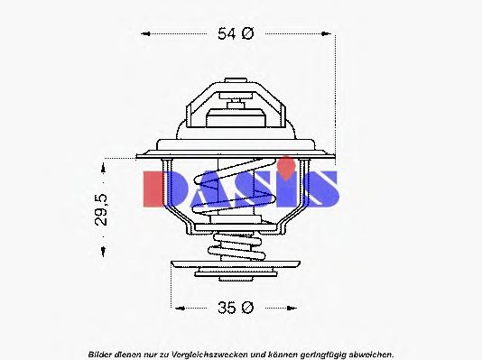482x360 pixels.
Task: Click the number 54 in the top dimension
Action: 227,34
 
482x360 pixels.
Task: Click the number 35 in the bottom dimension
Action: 227,308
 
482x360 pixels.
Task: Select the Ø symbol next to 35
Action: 249,308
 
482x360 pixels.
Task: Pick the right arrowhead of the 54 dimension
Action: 330,34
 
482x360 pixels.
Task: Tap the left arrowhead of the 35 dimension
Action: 175,308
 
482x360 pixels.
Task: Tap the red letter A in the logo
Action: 208,188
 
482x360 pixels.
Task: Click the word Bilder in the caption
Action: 101,352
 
